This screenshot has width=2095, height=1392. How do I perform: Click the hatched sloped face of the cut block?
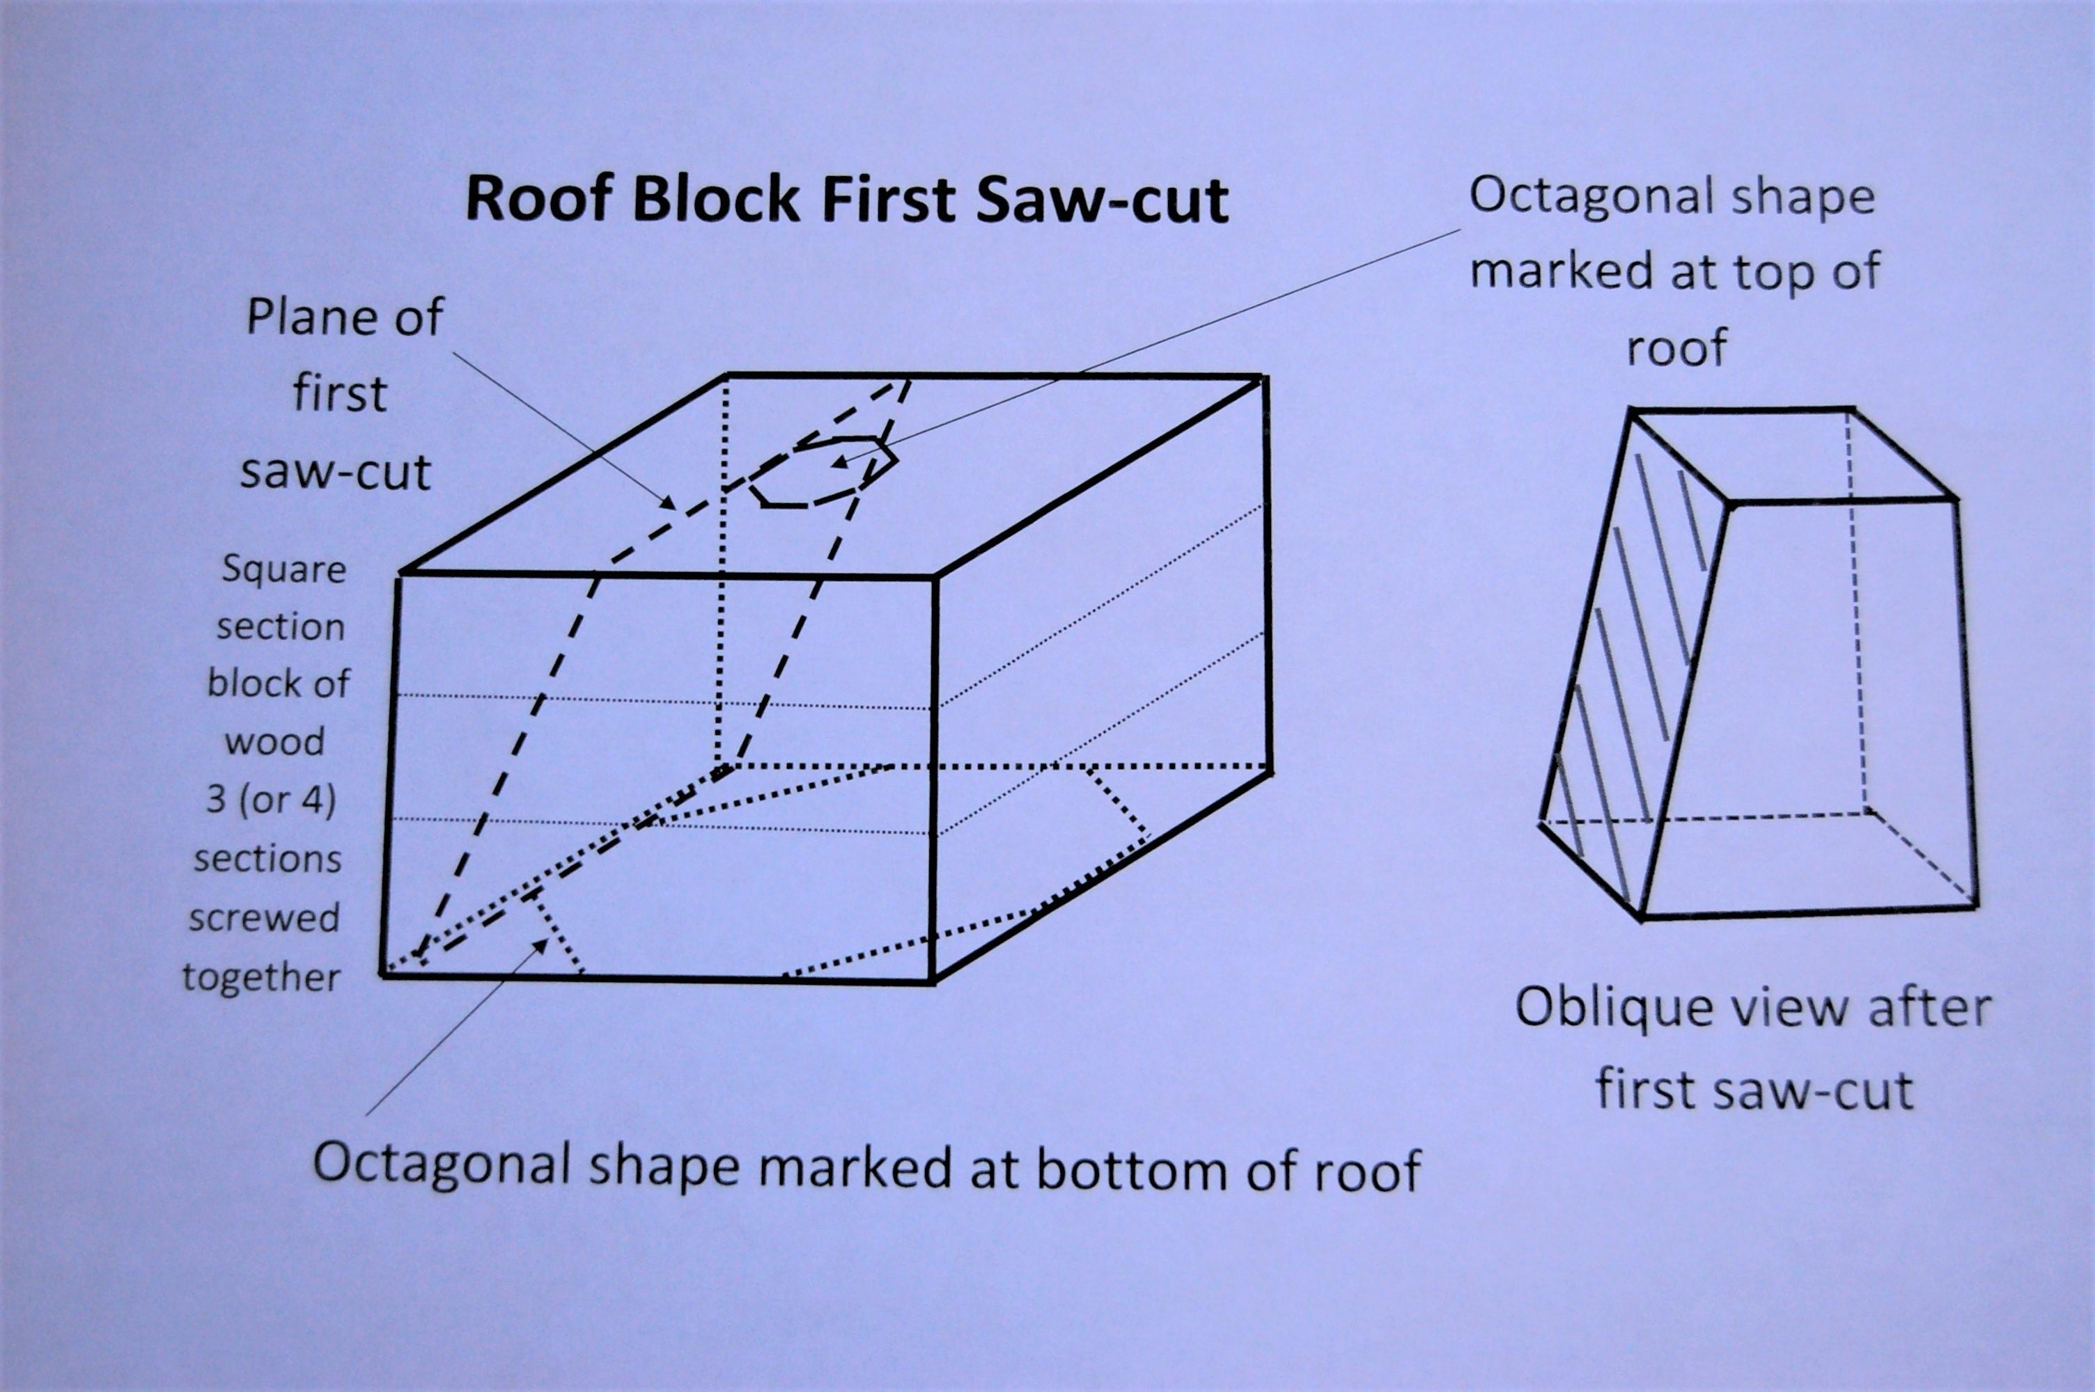pyautogui.click(x=1634, y=666)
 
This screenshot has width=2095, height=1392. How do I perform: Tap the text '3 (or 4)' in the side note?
pyautogui.click(x=271, y=800)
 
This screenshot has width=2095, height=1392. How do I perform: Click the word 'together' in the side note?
pyautogui.click(x=261, y=977)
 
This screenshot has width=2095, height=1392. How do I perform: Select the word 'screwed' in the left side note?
pyautogui.click(x=264, y=918)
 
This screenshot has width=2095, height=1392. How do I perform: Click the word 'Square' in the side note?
pyautogui.click(x=283, y=570)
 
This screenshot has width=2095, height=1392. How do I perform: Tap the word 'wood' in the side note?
pyautogui.click(x=274, y=741)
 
